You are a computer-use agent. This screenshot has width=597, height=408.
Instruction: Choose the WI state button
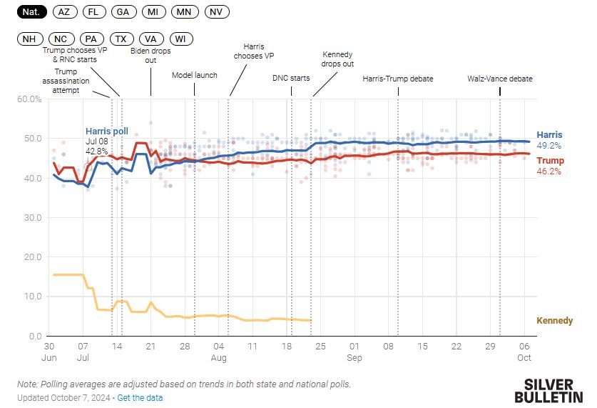pyautogui.click(x=180, y=39)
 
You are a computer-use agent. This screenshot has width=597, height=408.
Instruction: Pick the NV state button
pyautogui.click(x=216, y=12)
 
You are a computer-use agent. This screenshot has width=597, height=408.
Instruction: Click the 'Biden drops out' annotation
pyautogui.click(x=150, y=55)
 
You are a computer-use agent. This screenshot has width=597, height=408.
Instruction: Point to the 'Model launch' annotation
pyautogui.click(x=195, y=75)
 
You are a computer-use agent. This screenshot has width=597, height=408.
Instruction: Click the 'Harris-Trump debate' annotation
pyautogui.click(x=397, y=79)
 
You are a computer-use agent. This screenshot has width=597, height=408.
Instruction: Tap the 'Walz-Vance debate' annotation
pyautogui.click(x=499, y=79)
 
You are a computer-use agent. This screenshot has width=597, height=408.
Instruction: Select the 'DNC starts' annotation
pyautogui.click(x=291, y=78)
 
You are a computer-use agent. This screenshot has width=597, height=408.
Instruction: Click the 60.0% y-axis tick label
pyautogui.click(x=29, y=99)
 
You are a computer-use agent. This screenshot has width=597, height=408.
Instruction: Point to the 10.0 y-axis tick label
pyautogui.click(x=31, y=297)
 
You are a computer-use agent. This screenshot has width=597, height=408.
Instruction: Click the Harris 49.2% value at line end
pyautogui.click(x=548, y=145)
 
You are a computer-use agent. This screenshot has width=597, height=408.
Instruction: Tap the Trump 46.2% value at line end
pyautogui.click(x=548, y=171)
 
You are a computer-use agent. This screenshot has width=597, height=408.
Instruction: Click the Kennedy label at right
pyautogui.click(x=553, y=321)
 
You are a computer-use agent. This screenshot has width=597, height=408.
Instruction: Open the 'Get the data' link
pyautogui.click(x=140, y=397)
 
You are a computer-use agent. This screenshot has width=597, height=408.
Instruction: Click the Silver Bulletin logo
pyautogui.click(x=548, y=390)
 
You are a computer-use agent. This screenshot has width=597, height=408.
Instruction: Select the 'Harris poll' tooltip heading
pyautogui.click(x=107, y=131)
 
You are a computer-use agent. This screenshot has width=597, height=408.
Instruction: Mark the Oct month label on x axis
pyautogui.click(x=524, y=357)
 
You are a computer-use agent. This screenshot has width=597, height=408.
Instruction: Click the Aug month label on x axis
pyautogui.click(x=218, y=357)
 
